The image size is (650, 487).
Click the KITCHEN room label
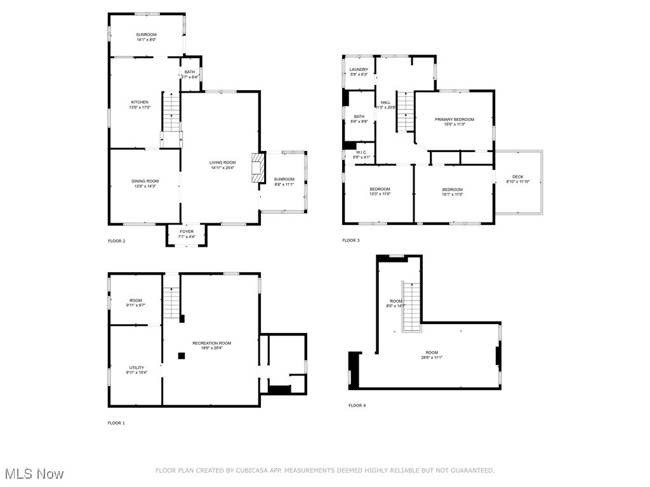coord(140,102)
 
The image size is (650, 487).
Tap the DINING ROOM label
coord(145,181)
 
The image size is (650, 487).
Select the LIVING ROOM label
coord(222,163)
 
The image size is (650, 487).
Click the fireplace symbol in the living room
coord(257,168)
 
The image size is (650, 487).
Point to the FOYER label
coord(187,231)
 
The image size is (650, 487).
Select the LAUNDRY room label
coord(359,70)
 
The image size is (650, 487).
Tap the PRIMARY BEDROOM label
coord(454,119)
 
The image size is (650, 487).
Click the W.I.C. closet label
coord(361,152)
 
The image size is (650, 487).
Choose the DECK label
coord(518,177)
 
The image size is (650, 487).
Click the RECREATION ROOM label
coord(212,343)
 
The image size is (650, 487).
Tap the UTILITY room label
coord(136,368)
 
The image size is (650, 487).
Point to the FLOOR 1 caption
coord(116,423)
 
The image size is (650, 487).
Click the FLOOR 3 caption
coord(350,241)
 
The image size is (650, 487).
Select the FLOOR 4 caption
coord(357,405)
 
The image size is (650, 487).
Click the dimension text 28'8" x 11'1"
coord(432,358)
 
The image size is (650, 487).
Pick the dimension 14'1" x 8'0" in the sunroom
coord(146,40)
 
